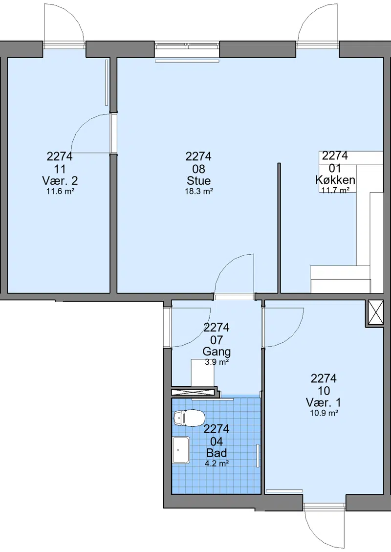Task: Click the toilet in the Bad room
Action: coord(189,418)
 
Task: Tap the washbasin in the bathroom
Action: coord(181,450)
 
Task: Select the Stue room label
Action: coord(199,180)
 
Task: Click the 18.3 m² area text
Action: coord(199,192)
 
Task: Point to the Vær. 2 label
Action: coord(60,180)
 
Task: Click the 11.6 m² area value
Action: coord(60,192)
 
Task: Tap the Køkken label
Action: coord(335,180)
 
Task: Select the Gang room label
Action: coord(217,352)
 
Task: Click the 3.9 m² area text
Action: coord(217,362)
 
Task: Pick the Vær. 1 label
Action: coord(324,402)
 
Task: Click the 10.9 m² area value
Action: coord(324,413)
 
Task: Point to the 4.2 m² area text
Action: coord(217,464)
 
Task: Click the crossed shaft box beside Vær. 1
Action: coord(375,312)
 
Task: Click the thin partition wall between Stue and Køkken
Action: coord(279,228)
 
